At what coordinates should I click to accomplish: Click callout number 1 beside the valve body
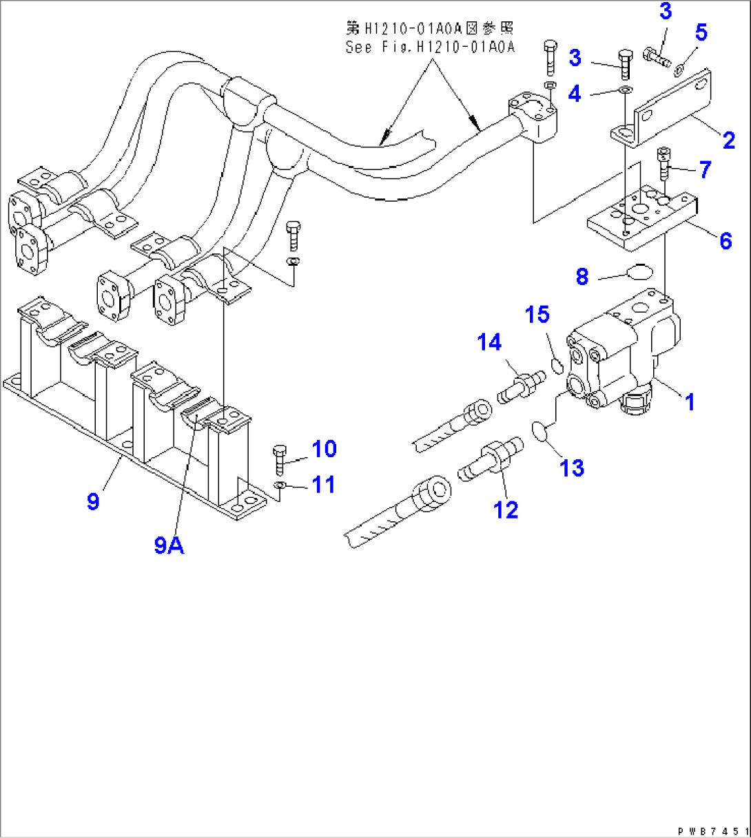690,402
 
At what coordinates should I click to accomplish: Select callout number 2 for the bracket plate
728,140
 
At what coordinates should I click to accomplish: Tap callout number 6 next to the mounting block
725,240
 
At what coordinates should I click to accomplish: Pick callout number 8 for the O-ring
582,277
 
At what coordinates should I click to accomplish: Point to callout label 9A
169,545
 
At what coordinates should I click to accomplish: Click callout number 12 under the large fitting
505,510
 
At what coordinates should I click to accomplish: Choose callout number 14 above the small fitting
489,342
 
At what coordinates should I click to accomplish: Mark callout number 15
537,315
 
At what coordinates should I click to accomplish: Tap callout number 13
572,468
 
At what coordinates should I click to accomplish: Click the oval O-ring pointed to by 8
640,273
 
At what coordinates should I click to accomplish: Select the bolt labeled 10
280,459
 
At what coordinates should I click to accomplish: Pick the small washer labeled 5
679,67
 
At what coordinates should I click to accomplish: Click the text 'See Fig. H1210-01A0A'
430,47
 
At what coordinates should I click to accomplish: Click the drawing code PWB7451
714,830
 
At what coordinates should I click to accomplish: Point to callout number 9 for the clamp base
94,501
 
